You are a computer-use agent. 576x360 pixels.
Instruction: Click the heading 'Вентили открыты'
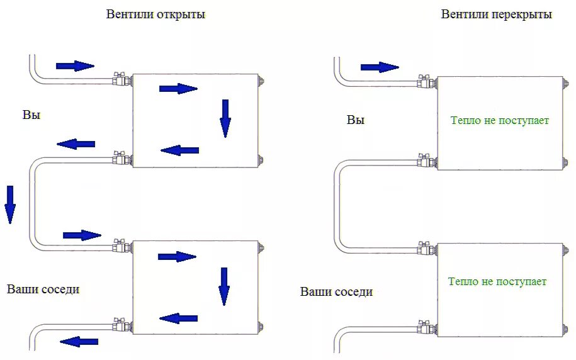tap(155, 14)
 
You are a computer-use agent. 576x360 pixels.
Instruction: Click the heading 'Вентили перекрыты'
tap(496, 14)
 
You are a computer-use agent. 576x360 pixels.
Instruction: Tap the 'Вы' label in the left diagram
tap(31, 115)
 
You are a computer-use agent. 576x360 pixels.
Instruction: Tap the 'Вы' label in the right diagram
tap(356, 120)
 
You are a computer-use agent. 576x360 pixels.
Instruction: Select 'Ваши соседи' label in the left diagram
tap(43, 290)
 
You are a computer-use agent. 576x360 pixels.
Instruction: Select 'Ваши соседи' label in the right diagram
tap(336, 292)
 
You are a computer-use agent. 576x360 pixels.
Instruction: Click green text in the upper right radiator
tap(500, 120)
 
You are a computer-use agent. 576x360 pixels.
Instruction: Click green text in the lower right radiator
tap(497, 281)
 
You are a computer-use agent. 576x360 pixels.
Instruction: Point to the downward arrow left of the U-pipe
tap(10, 205)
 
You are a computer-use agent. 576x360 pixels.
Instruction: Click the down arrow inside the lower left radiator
tap(224, 286)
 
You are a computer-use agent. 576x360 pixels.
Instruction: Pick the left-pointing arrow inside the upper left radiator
tap(180, 150)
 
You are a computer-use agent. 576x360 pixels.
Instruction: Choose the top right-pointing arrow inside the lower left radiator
tap(177, 257)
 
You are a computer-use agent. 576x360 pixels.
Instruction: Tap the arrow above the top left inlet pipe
tap(74, 65)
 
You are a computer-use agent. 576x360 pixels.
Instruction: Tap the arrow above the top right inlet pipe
tap(380, 67)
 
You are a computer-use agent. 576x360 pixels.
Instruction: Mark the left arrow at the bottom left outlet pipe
tap(79, 342)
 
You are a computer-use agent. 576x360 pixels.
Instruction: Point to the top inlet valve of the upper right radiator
tap(424, 82)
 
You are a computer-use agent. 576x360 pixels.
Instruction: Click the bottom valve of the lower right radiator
tap(424, 328)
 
